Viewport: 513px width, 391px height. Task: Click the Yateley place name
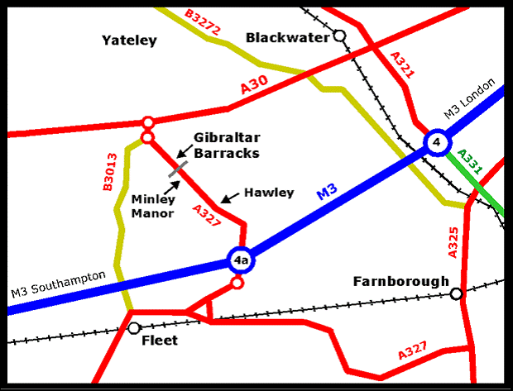[129, 41]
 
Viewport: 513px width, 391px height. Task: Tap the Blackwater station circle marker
[339, 36]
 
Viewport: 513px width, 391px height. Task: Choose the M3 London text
[469, 99]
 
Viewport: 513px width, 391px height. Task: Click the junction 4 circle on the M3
[435, 142]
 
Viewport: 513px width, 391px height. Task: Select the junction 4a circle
[240, 260]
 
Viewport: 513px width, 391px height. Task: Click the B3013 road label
[109, 173]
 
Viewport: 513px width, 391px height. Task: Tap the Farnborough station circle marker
[456, 293]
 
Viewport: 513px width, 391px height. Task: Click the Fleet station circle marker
[134, 328]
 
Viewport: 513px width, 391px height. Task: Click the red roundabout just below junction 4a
[237, 284]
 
